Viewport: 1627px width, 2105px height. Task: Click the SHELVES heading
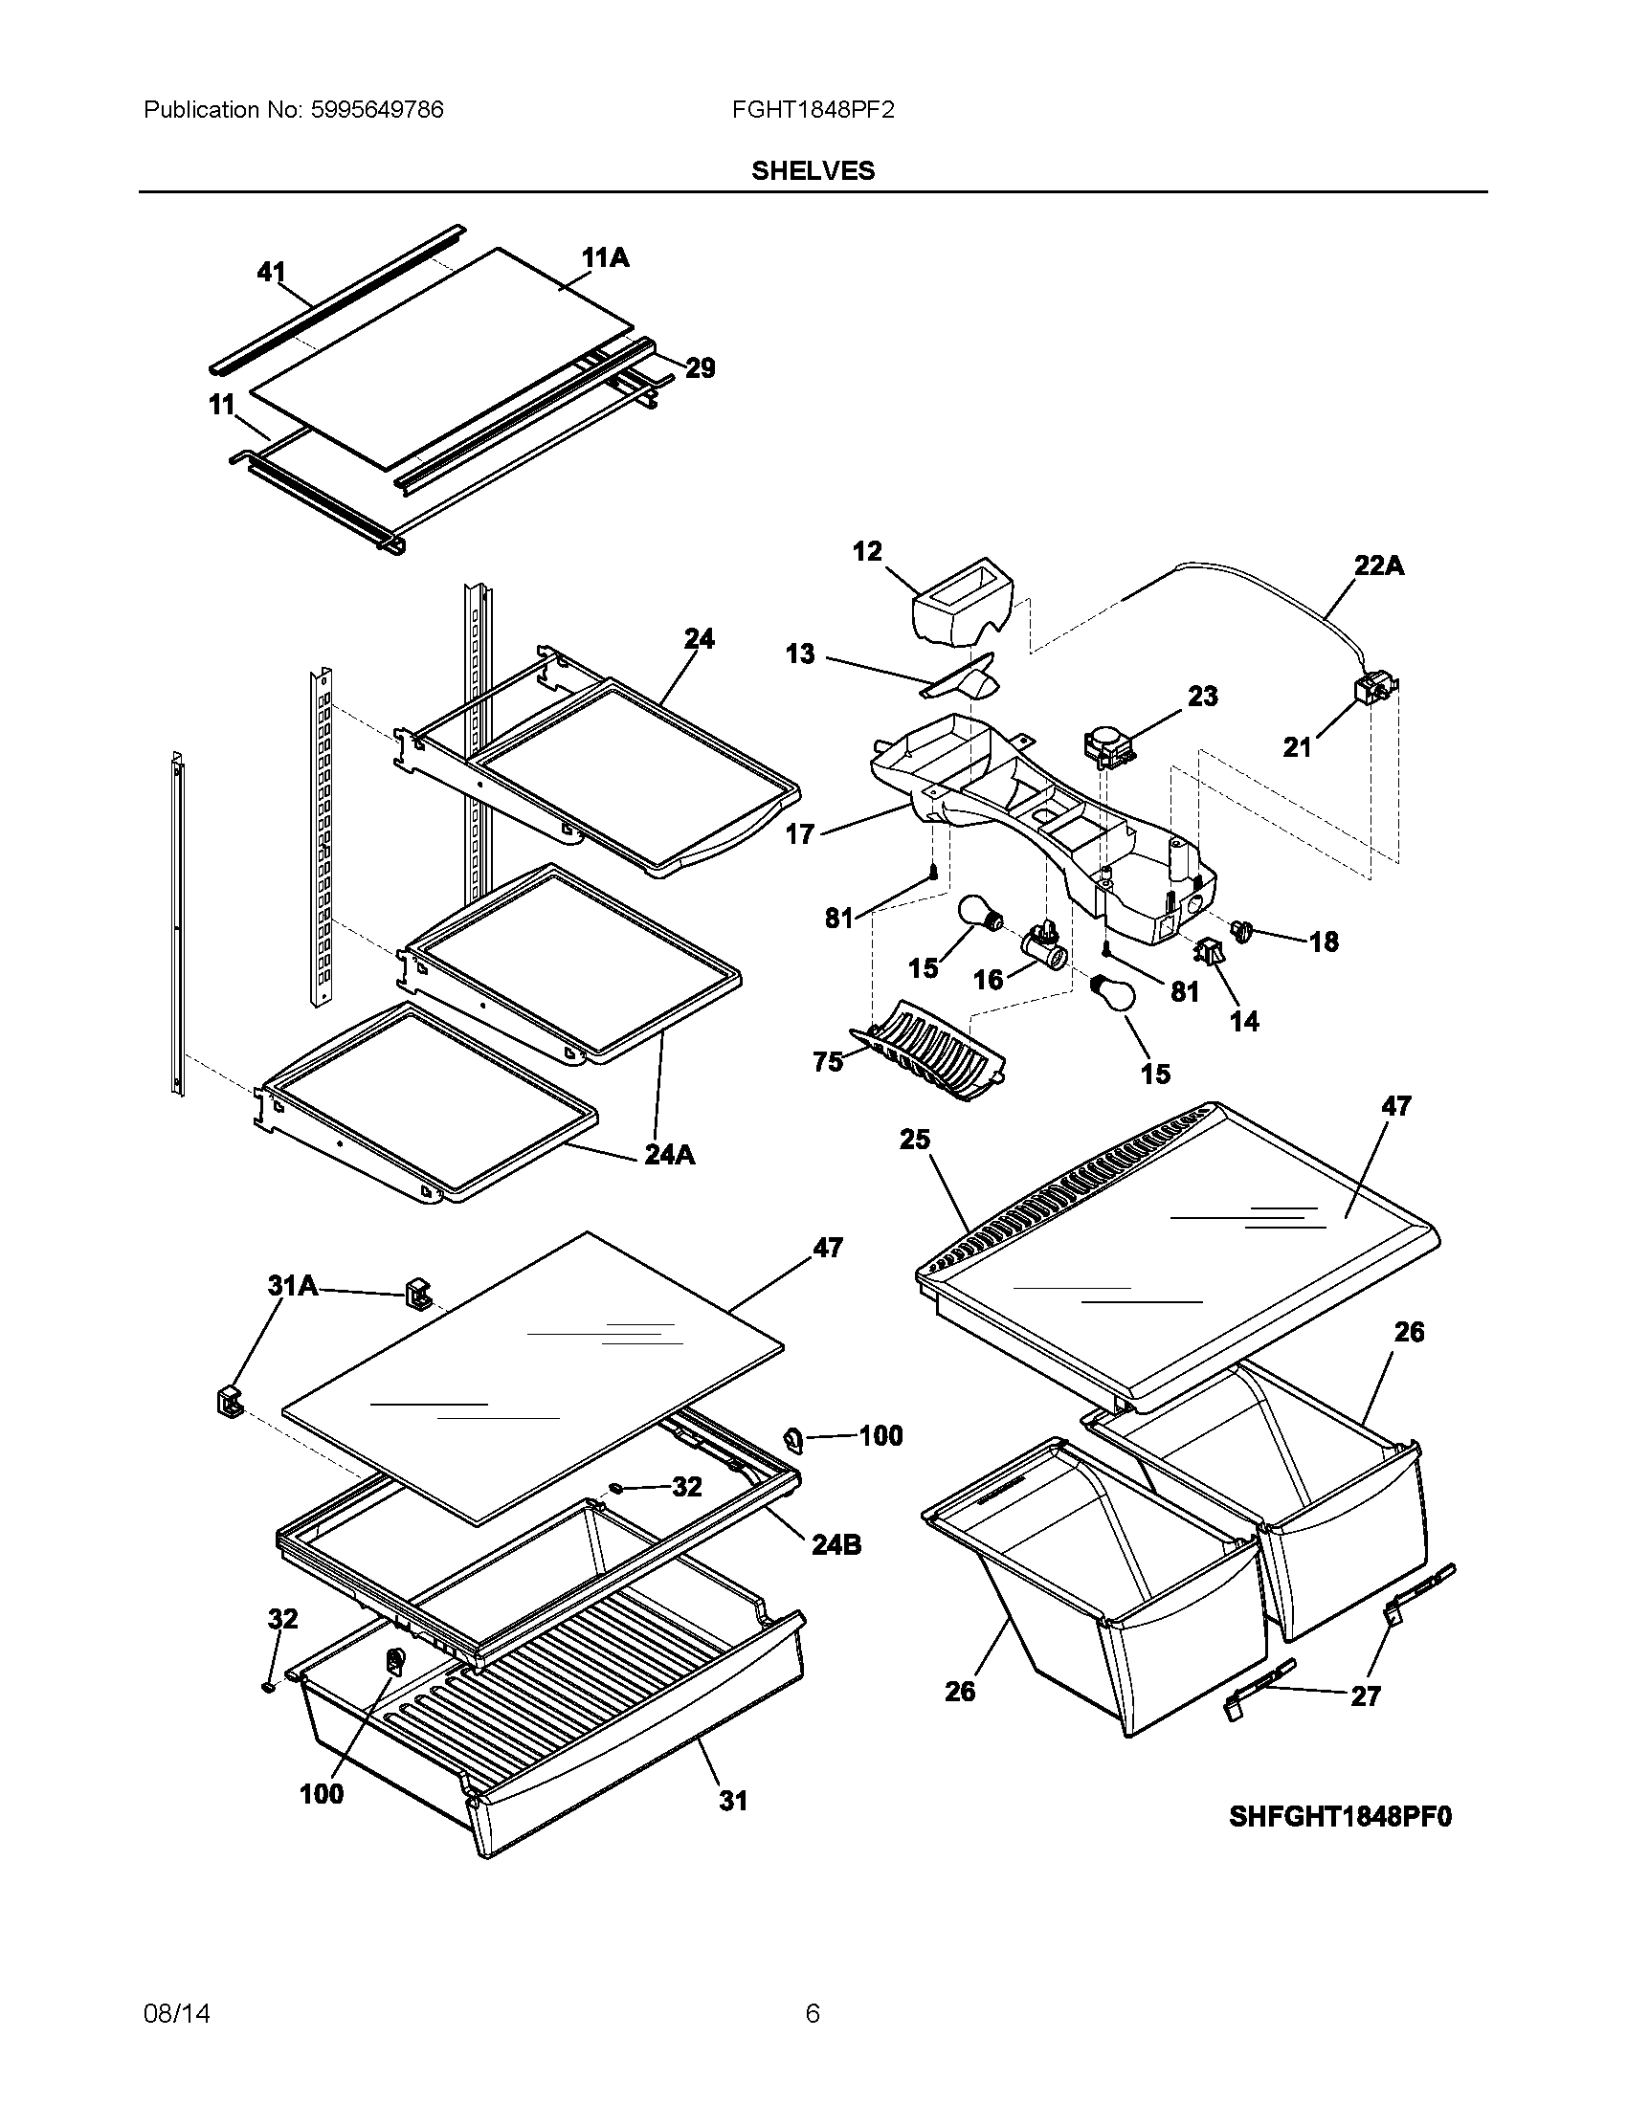[x=813, y=170]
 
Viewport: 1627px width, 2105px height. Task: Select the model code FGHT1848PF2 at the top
[x=813, y=110]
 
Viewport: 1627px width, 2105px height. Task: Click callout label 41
[x=271, y=273]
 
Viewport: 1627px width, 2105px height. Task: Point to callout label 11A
[x=605, y=257]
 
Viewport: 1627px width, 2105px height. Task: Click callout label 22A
[x=1378, y=565]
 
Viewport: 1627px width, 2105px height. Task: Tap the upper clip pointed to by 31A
[x=417, y=1293]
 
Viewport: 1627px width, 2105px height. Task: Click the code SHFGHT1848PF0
[x=1340, y=1817]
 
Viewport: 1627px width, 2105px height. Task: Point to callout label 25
[x=915, y=1140]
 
